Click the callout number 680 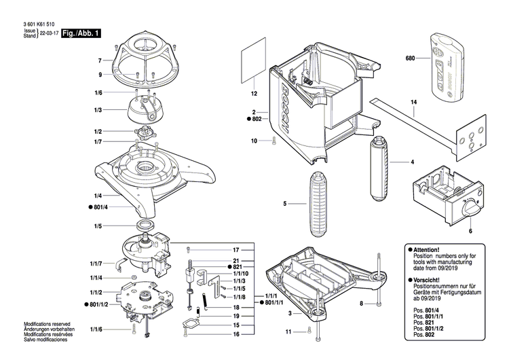tap(409, 58)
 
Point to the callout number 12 tap(254, 93)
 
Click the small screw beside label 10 tap(273, 141)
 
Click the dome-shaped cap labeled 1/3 tap(145, 107)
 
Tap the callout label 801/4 tap(96, 206)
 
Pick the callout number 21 tap(236, 261)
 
